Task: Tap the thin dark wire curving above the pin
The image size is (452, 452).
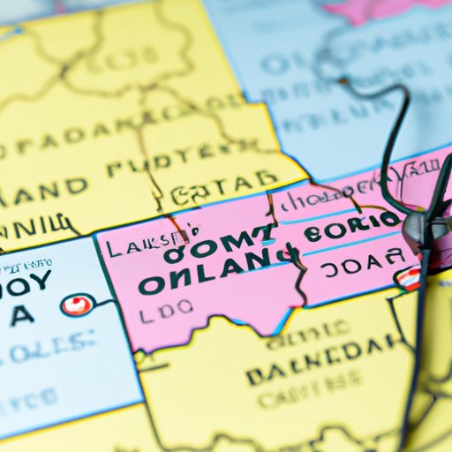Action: pyautogui.click(x=402, y=132)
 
